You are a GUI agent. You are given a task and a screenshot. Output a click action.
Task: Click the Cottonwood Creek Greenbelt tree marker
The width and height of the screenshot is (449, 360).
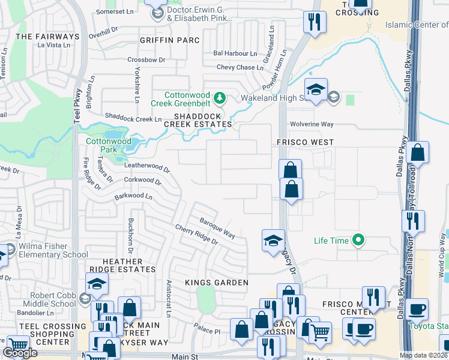220,97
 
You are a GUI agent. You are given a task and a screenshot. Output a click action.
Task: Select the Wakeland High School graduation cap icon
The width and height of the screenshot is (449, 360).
316,90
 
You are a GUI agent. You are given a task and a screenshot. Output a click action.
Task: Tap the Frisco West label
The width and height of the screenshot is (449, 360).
304,142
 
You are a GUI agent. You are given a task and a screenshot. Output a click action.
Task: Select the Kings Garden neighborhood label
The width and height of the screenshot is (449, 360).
216,283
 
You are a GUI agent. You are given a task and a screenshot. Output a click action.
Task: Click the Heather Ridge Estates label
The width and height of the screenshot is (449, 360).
122,266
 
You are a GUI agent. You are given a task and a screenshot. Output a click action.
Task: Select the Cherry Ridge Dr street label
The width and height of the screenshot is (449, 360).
196,234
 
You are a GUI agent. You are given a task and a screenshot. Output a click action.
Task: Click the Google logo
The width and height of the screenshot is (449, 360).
20,353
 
